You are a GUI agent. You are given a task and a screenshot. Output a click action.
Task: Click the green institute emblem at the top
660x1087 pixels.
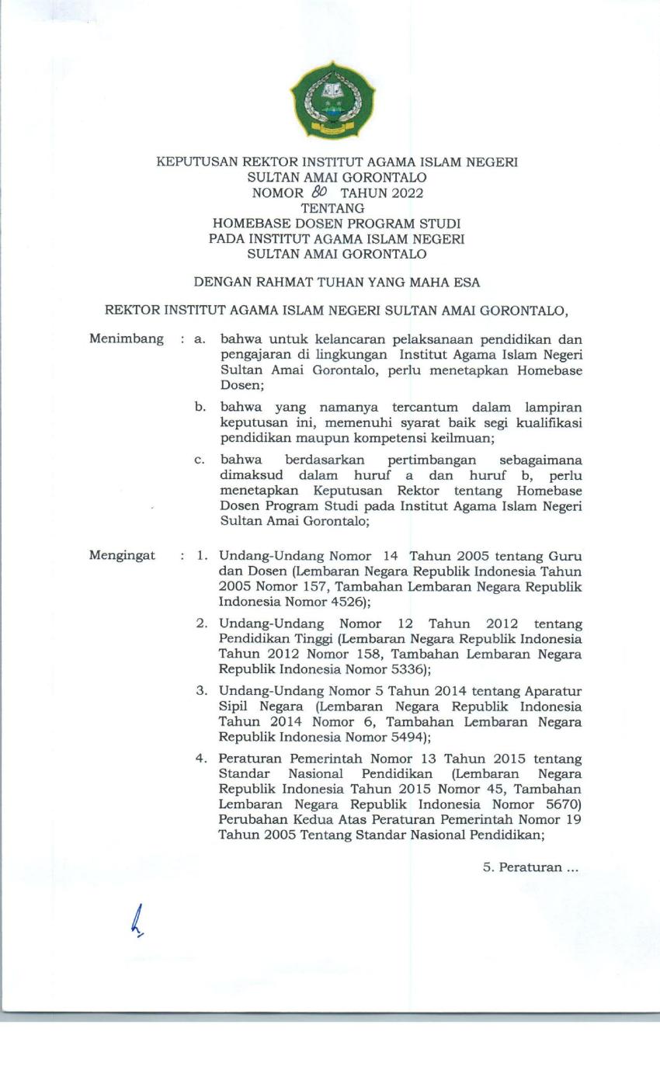coord(332,101)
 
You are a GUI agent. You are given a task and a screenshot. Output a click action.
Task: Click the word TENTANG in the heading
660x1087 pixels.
coord(332,208)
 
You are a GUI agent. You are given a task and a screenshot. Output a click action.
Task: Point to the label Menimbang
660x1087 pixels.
coord(127,339)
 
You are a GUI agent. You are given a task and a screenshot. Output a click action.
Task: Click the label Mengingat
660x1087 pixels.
coord(123,556)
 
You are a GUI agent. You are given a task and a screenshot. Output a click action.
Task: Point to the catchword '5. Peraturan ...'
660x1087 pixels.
coord(531,867)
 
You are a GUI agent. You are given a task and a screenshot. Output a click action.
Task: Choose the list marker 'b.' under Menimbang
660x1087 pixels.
coord(200,407)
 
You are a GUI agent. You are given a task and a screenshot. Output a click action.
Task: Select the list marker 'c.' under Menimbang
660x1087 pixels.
coord(200,460)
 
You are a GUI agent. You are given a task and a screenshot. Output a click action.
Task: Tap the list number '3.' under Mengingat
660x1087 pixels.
coord(201,691)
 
